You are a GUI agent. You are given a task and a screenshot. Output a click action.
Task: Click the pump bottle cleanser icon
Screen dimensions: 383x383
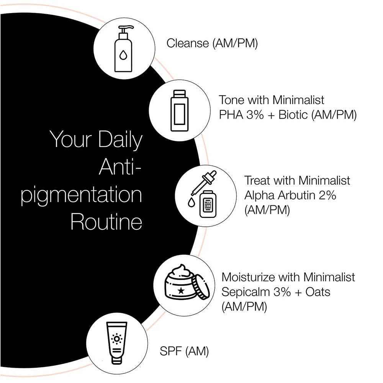coord(123,49)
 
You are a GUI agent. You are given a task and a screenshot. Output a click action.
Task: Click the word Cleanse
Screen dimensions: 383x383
coord(187,43)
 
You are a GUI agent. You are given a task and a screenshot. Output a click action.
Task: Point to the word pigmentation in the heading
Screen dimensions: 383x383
coord(81,196)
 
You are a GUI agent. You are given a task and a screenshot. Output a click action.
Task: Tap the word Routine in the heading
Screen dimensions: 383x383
coord(106,222)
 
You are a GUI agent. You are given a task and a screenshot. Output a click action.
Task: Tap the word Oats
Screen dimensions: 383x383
coord(318,292)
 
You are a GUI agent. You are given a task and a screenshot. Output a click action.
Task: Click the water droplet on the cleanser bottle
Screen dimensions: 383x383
coord(123,56)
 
